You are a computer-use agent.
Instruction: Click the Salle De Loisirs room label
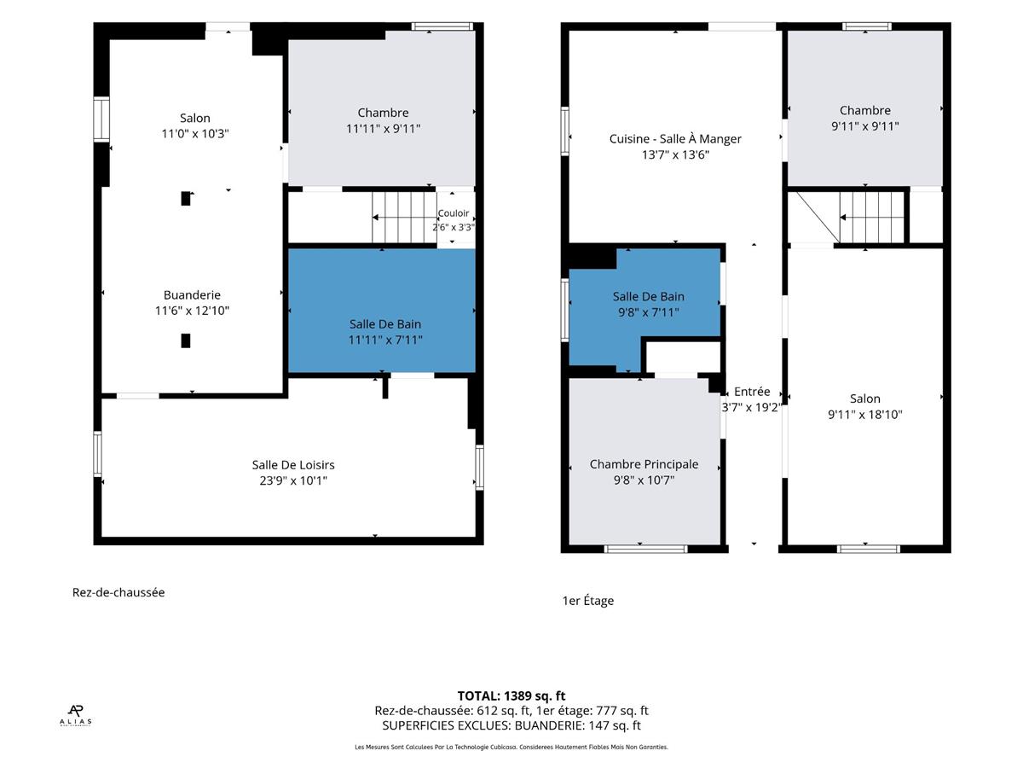click(293, 465)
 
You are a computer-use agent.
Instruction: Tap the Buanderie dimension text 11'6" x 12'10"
click(192, 311)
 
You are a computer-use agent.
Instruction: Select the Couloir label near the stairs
click(453, 213)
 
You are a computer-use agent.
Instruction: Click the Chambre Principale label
click(644, 464)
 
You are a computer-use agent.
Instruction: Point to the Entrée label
click(752, 392)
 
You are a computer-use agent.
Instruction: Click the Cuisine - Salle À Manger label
click(675, 139)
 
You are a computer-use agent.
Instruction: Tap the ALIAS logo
click(76, 715)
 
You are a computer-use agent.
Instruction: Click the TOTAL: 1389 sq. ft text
click(511, 696)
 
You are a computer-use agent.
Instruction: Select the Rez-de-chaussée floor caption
click(118, 593)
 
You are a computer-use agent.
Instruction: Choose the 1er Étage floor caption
click(587, 601)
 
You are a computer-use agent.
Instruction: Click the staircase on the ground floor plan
click(404, 218)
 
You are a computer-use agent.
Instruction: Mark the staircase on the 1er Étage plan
click(871, 218)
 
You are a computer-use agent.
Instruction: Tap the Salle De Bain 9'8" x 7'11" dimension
click(648, 312)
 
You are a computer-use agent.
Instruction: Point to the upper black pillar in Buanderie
click(186, 199)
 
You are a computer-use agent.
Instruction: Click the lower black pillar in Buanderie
click(186, 340)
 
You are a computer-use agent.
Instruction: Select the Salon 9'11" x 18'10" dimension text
click(865, 415)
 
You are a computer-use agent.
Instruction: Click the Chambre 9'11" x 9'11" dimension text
click(865, 126)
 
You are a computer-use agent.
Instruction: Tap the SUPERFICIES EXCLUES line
click(511, 725)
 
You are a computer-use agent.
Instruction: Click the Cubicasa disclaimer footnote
click(511, 747)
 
